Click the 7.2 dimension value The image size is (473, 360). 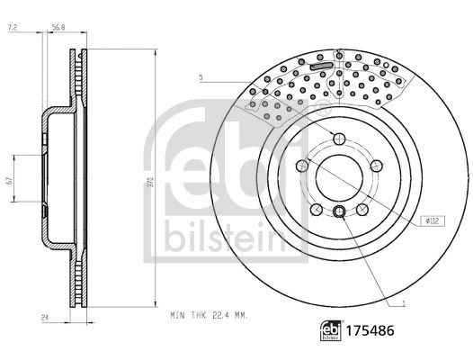point(13,29)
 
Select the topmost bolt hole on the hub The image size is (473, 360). point(339,138)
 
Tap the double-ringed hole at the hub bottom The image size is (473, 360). point(339,212)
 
